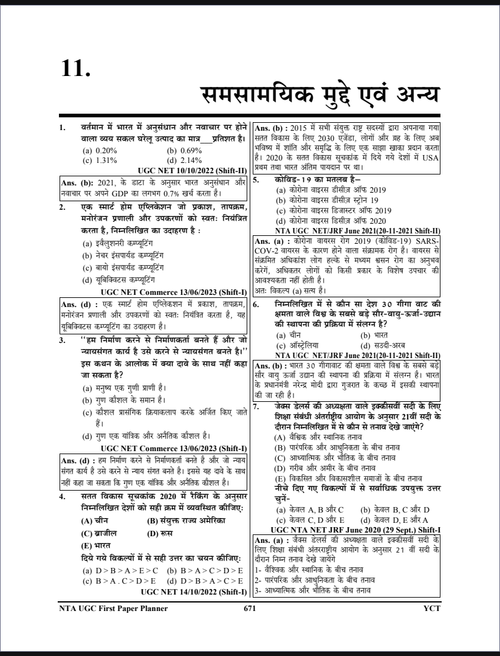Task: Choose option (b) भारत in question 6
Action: [x=374, y=335]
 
